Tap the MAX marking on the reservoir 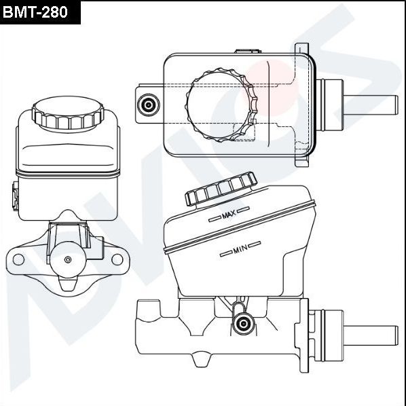pos(228,216)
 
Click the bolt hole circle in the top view pos(147,105)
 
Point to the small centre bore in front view pos(67,259)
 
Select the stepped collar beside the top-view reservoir pos(332,105)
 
